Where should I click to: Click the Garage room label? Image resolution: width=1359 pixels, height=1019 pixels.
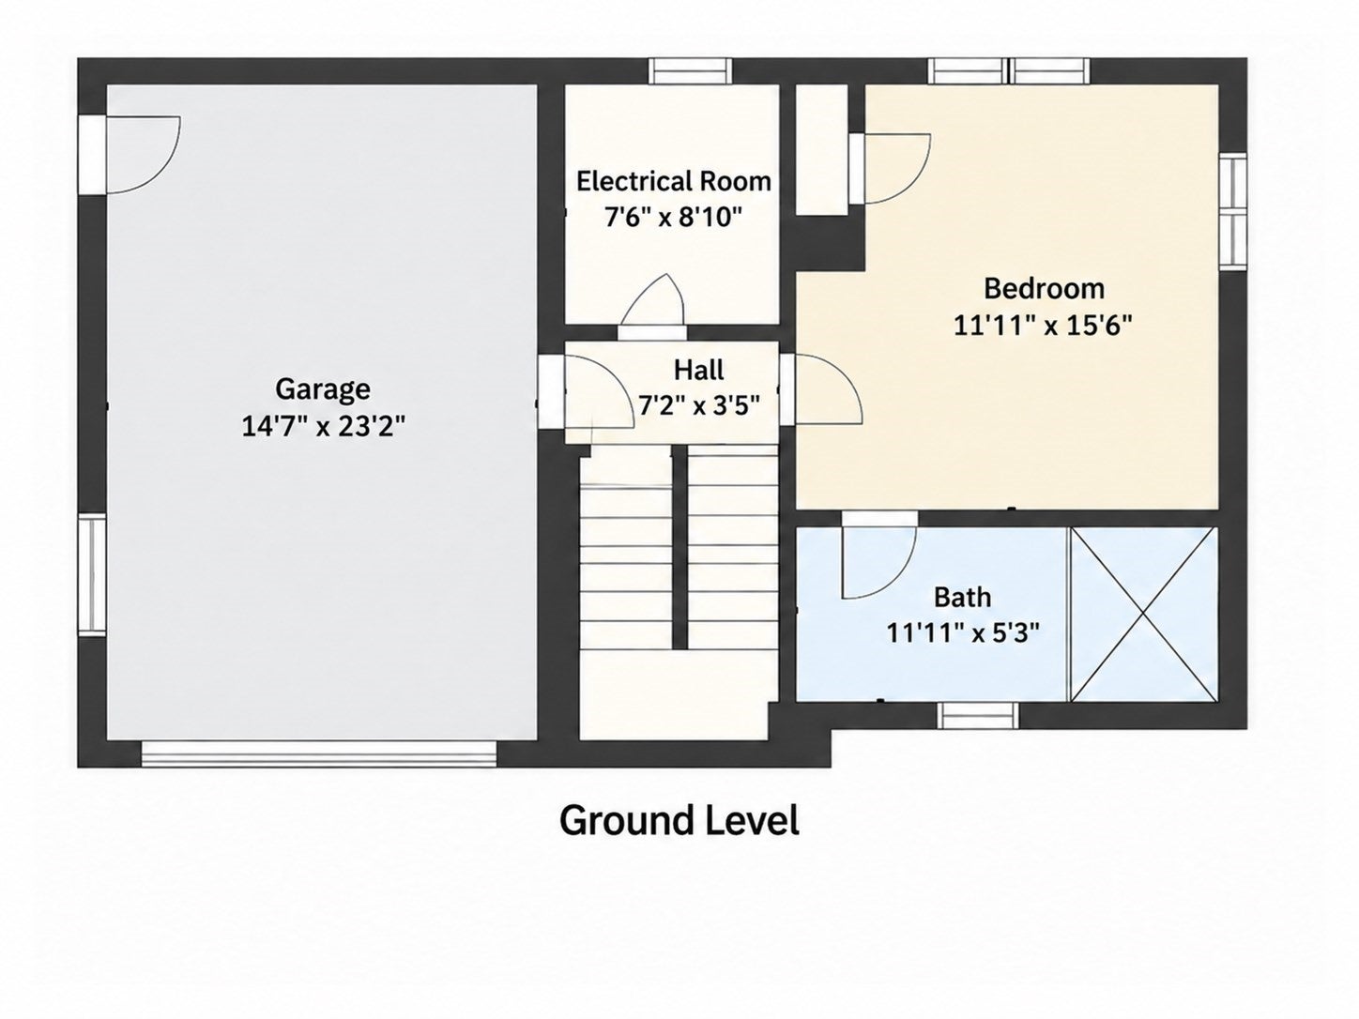click(323, 390)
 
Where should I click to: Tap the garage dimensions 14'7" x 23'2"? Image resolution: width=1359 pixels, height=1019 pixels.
click(323, 426)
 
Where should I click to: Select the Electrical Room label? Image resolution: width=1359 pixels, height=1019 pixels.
click(674, 181)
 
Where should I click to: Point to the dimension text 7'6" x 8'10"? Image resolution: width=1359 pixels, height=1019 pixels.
click(673, 217)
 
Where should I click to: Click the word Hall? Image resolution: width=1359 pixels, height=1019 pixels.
click(698, 370)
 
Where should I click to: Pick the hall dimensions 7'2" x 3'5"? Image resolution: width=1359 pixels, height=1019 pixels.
click(699, 406)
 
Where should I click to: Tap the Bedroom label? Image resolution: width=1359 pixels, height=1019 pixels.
click(1044, 288)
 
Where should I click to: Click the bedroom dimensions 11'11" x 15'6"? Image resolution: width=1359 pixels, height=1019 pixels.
click(1044, 325)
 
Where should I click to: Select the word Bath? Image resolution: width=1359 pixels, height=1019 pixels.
click(962, 597)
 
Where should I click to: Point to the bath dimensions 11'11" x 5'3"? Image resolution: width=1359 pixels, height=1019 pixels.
click(963, 632)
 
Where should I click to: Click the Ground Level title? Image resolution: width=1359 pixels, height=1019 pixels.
click(679, 820)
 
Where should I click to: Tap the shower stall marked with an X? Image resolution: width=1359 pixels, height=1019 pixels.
click(1143, 615)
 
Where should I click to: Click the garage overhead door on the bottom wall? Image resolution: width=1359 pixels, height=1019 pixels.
click(319, 754)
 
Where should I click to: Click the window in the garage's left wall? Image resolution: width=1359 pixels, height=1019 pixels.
click(92, 575)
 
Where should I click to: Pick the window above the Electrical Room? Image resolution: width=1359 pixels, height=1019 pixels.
click(691, 71)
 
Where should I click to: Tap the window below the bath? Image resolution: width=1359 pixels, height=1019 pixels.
click(978, 716)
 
